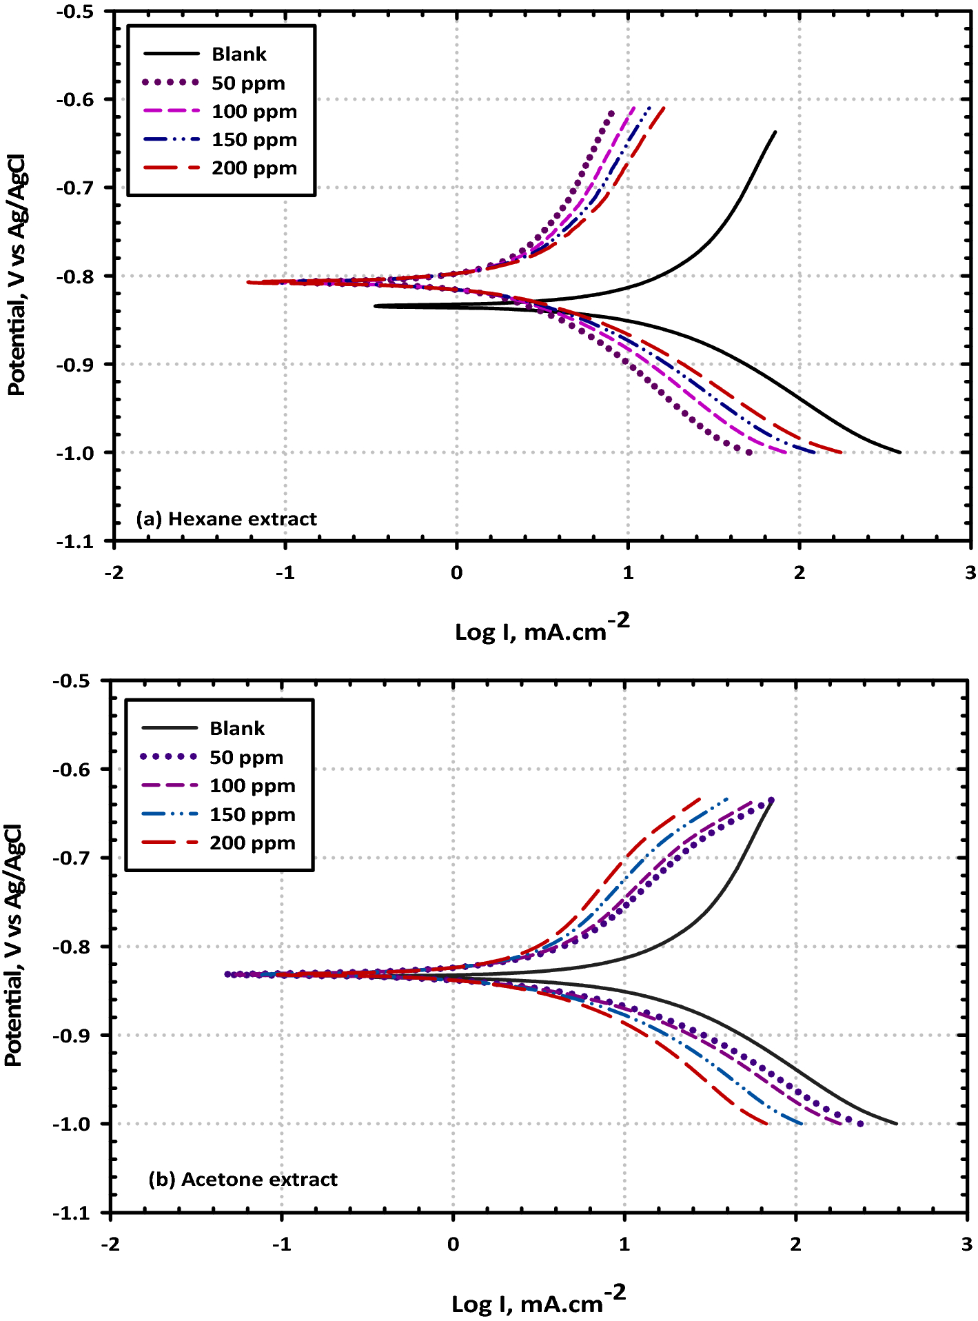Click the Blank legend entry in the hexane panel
[238, 54]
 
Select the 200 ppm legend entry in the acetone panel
[252, 843]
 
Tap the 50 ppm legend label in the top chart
[248, 83]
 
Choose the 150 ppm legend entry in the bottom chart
[252, 814]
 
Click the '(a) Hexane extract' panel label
[226, 518]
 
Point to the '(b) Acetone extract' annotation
[243, 1179]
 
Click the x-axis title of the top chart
[542, 628]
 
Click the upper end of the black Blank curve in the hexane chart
[775, 132]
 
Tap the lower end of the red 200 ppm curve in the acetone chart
[766, 1124]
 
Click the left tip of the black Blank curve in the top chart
[375, 305]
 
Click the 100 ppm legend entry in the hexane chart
[254, 111]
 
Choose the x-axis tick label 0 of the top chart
[456, 573]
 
